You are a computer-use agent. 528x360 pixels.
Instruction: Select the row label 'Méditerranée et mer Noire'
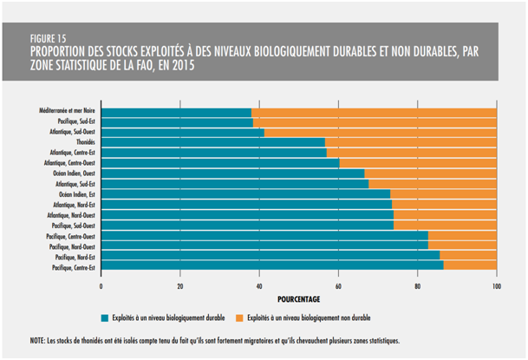coord(67,111)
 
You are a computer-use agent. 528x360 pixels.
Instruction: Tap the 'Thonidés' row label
coord(86,141)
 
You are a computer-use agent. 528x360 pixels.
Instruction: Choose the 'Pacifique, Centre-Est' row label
coord(73,268)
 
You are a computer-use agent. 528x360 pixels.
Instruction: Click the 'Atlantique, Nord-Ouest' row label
coord(71,214)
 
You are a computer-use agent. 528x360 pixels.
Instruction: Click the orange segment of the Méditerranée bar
coord(374,112)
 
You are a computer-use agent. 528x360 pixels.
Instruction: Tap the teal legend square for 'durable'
coord(105,317)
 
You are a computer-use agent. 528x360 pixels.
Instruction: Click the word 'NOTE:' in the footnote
coord(39,342)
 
